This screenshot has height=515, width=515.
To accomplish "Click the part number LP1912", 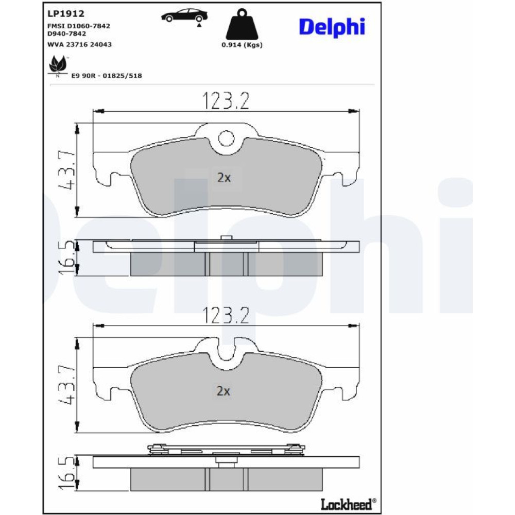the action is (66, 13).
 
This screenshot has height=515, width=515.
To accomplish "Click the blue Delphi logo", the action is (332, 27).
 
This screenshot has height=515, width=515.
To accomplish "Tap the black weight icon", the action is (242, 24).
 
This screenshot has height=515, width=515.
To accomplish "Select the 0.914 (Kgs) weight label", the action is (242, 45).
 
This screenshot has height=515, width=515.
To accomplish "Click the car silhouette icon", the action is (184, 16).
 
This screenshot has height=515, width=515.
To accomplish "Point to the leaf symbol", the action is (58, 65).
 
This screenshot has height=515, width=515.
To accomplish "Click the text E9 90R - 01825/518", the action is (107, 76).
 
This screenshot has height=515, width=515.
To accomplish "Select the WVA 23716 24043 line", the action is (79, 44).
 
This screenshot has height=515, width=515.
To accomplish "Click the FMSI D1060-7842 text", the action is (79, 26).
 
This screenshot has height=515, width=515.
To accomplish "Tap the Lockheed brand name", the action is (348, 504).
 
